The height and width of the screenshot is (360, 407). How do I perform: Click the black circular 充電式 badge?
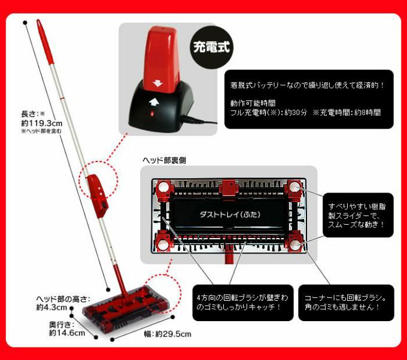(212, 47)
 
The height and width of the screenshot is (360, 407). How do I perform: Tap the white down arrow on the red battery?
(157, 84)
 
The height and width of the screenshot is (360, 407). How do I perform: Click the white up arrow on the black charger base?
(154, 102)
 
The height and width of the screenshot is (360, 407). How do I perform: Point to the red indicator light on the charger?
(152, 114)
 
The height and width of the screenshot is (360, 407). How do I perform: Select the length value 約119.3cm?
(41, 123)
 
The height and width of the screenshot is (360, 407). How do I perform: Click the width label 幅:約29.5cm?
(168, 334)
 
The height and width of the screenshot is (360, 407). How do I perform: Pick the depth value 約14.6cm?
(67, 332)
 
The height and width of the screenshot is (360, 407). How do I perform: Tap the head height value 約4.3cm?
(51, 307)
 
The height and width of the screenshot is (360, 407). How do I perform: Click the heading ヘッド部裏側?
(165, 160)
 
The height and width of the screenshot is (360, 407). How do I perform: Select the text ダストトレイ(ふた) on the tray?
(230, 214)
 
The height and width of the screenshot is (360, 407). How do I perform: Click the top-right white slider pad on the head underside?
(294, 186)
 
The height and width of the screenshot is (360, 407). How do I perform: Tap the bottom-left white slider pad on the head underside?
(163, 245)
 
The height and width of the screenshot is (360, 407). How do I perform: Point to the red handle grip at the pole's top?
(45, 41)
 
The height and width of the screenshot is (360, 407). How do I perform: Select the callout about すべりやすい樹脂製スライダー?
(358, 215)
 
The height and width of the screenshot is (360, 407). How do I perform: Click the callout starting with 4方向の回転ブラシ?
(243, 303)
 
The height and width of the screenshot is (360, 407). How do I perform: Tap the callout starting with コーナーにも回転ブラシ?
(346, 303)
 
